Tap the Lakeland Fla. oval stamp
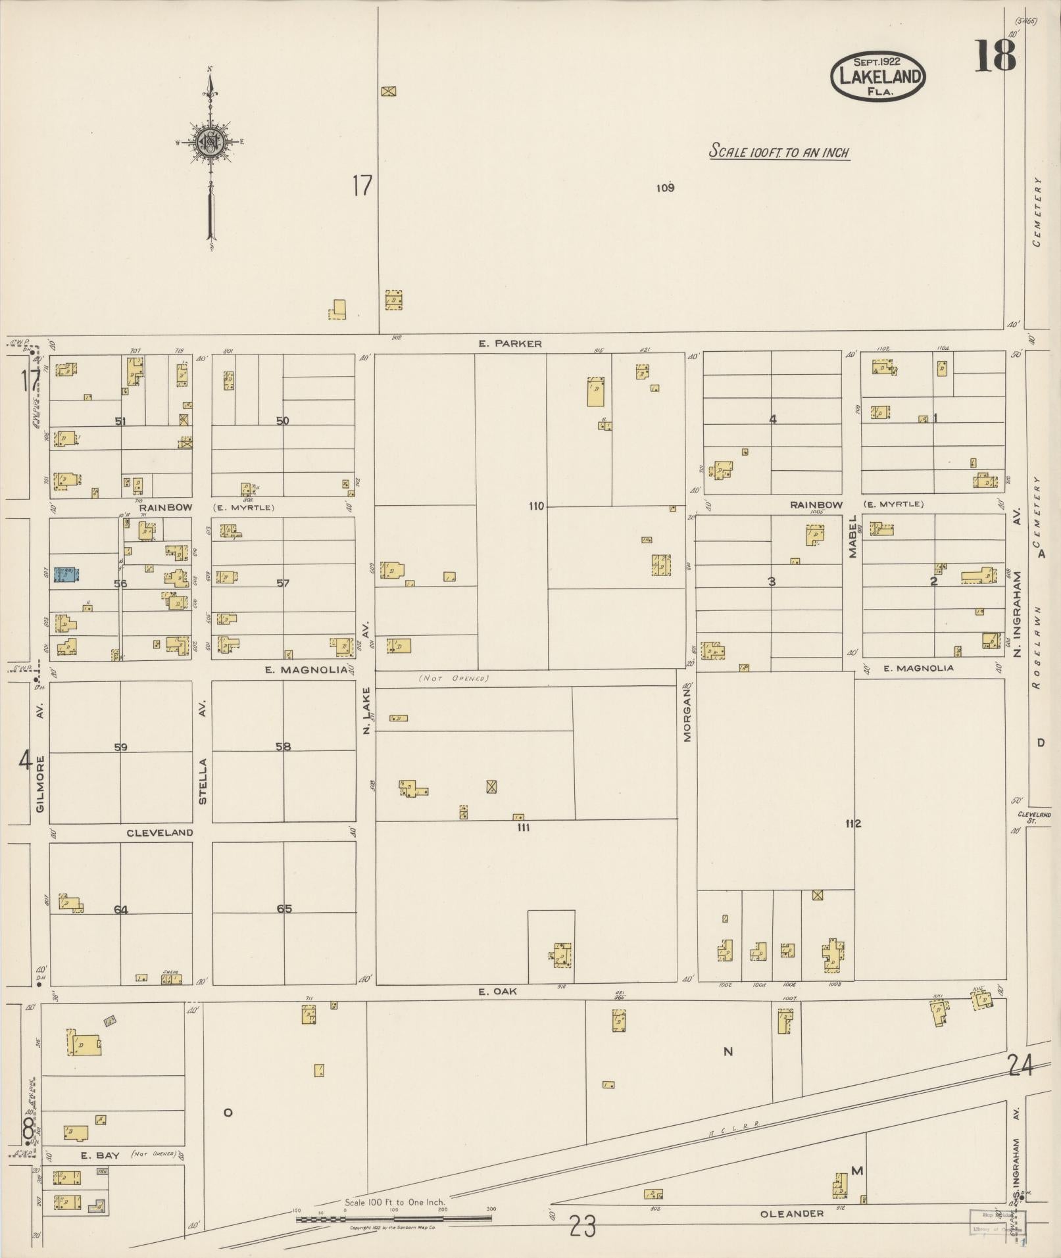pyautogui.click(x=877, y=76)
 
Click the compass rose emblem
pyautogui.click(x=210, y=141)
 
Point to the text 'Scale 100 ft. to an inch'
pyautogui.click(x=779, y=152)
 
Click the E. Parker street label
pyautogui.click(x=510, y=343)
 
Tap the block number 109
pyautogui.click(x=665, y=188)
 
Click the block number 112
pyautogui.click(x=853, y=823)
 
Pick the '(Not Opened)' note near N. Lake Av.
pyautogui.click(x=453, y=678)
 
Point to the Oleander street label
pyautogui.click(x=791, y=1213)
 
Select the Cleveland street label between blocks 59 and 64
pyautogui.click(x=160, y=833)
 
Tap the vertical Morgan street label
pyautogui.click(x=687, y=713)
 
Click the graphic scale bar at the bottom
pyautogui.click(x=393, y=1219)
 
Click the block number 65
pyautogui.click(x=284, y=909)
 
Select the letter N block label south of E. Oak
pyautogui.click(x=728, y=1052)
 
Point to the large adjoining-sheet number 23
pyautogui.click(x=583, y=1226)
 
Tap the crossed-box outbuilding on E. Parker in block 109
pyautogui.click(x=389, y=91)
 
